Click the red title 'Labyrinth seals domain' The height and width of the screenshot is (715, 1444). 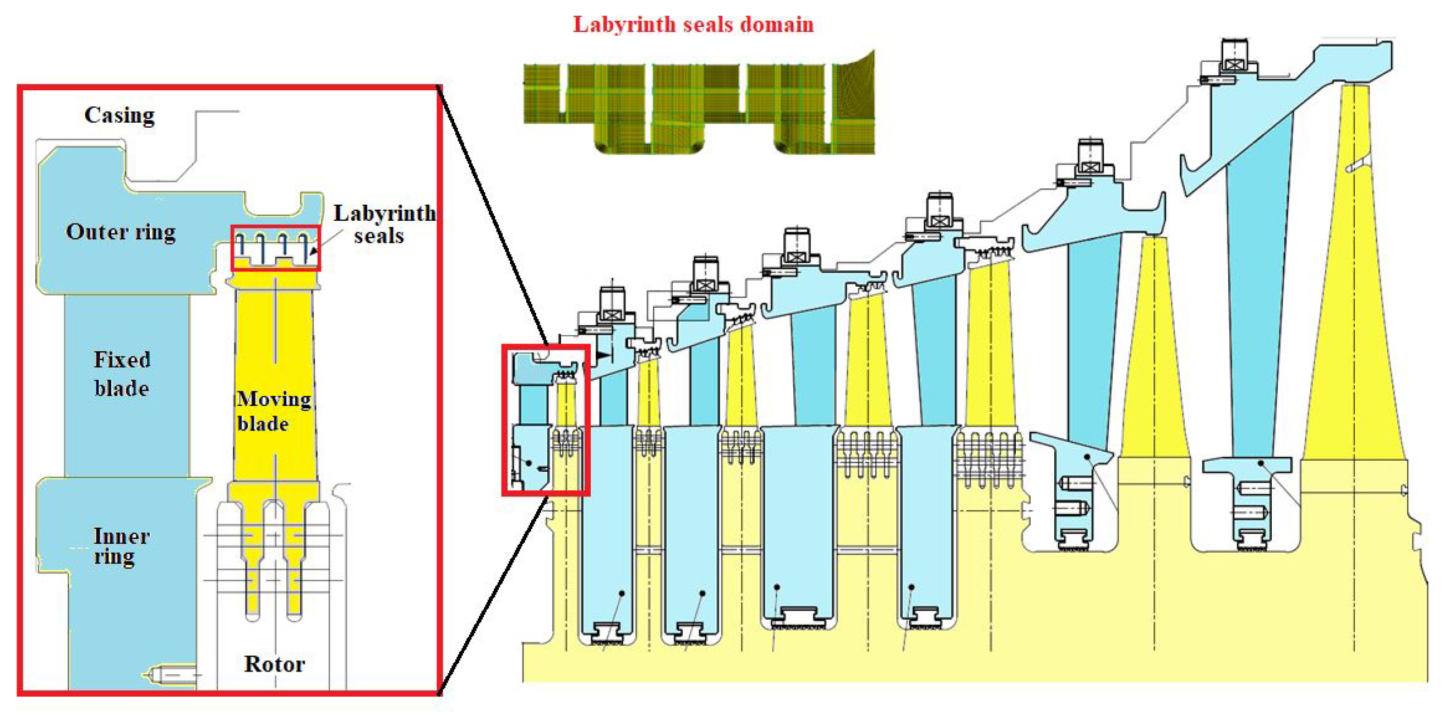(693, 25)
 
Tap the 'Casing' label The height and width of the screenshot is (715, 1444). (119, 116)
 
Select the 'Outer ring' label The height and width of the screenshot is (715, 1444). (121, 232)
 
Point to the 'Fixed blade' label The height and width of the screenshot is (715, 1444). (122, 374)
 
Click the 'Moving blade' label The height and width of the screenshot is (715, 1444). (273, 411)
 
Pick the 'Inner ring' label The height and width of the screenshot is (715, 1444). (120, 547)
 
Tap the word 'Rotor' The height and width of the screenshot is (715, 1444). (274, 664)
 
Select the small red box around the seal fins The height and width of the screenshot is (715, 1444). (276, 249)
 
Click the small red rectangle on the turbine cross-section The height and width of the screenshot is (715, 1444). (546, 421)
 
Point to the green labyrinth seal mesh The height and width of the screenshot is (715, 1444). (699, 103)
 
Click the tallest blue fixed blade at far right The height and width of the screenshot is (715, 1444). (1256, 280)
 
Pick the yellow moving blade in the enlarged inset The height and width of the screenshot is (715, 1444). (275, 381)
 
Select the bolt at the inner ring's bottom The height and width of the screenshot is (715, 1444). (168, 675)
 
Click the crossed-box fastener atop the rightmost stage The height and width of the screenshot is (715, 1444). (1234, 64)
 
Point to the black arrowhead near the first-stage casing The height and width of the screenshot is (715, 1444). (603, 354)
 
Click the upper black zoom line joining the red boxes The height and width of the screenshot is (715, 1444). (493, 216)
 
